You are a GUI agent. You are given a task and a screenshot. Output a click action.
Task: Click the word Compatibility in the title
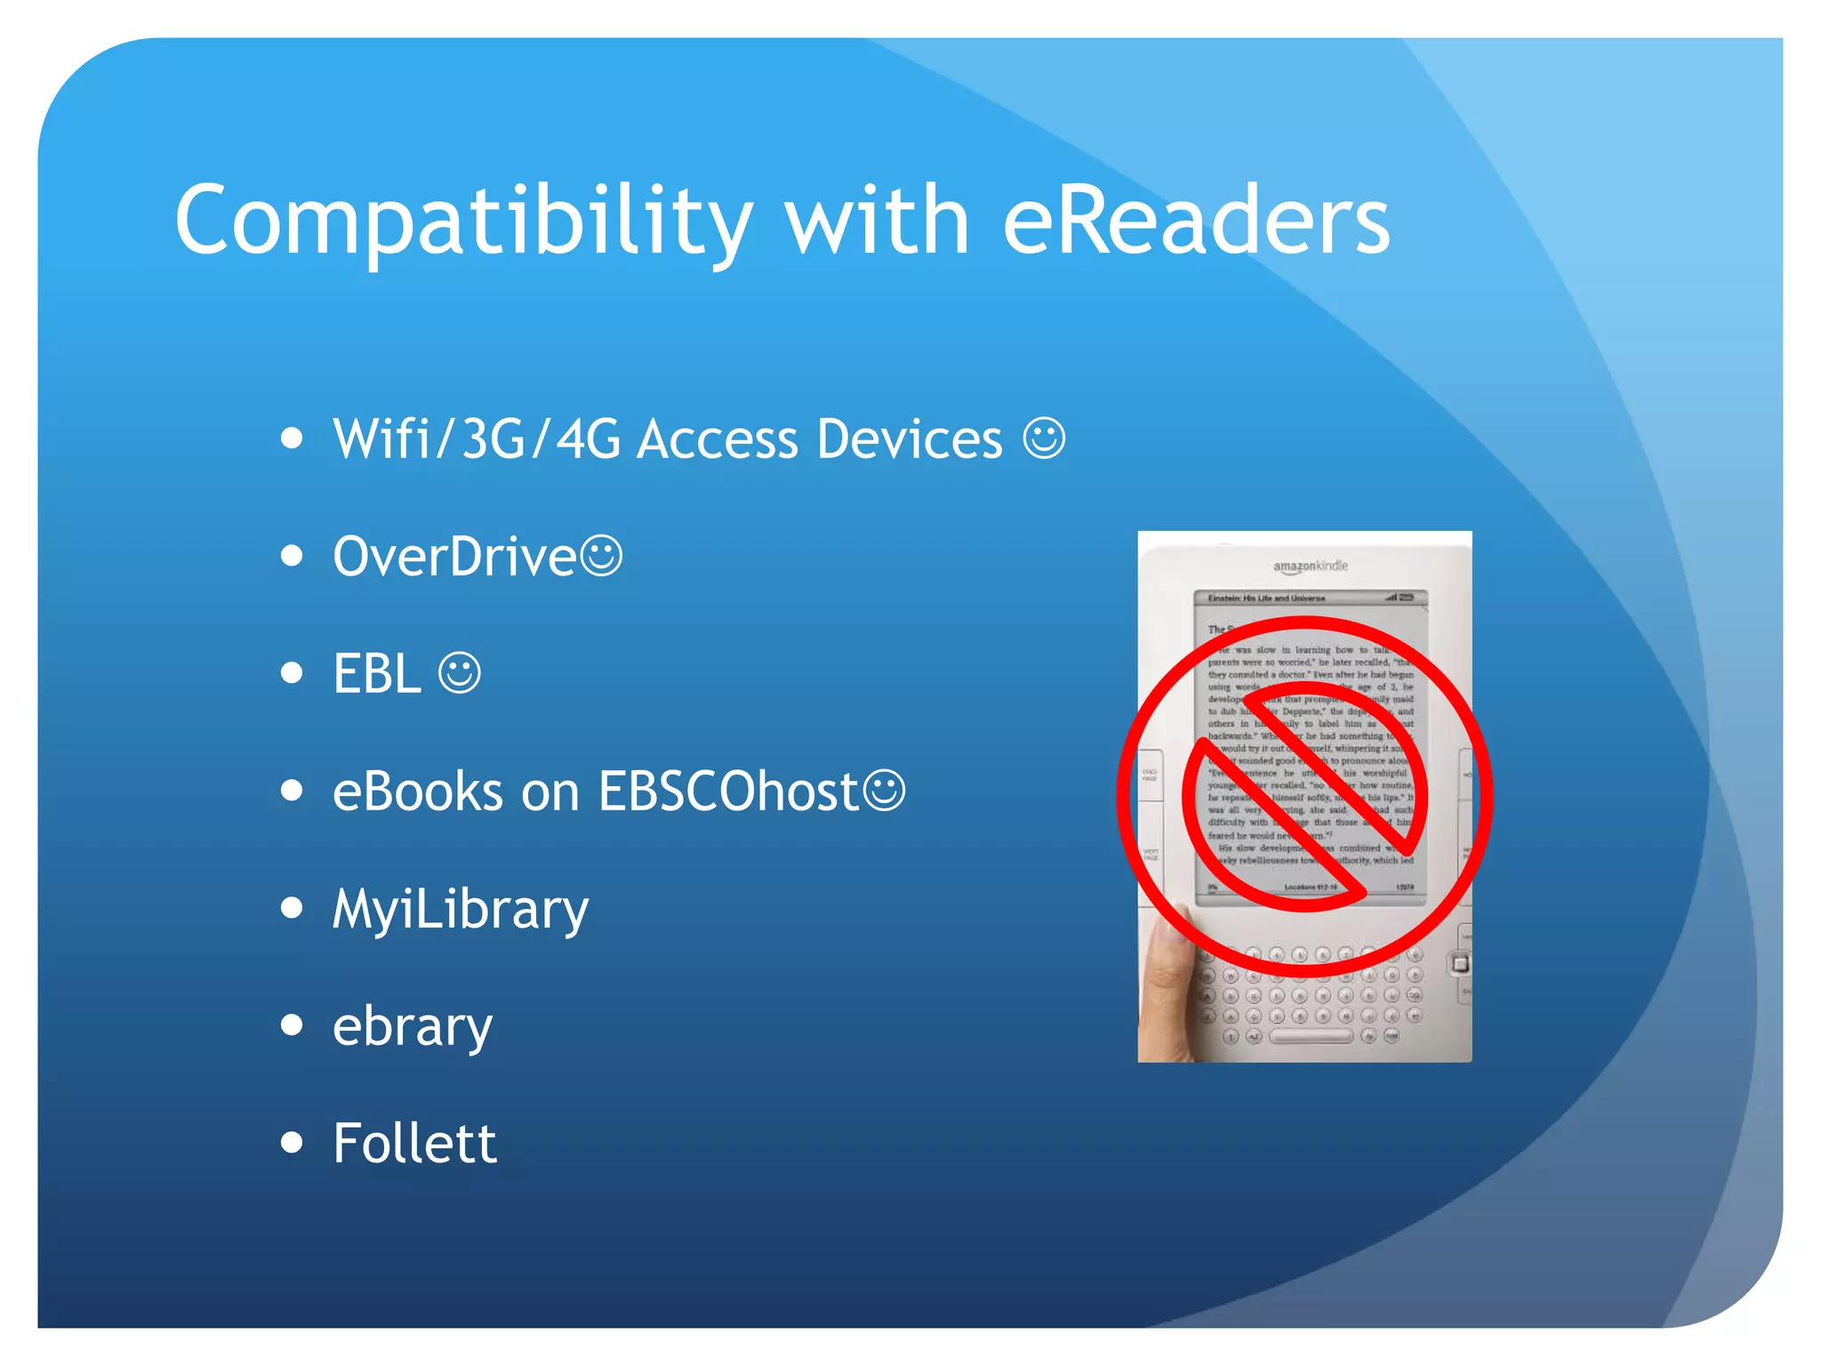(462, 221)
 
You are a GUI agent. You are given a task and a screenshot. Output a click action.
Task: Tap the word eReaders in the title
(1196, 221)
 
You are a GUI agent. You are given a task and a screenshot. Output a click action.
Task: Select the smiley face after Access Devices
(1044, 438)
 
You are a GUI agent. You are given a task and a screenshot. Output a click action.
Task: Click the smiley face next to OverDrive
(602, 556)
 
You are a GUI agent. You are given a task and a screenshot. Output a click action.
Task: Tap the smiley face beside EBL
(460, 673)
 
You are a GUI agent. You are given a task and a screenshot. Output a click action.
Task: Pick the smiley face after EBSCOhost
(885, 790)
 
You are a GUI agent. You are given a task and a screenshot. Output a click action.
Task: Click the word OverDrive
(454, 557)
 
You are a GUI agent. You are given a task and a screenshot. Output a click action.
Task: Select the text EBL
(376, 674)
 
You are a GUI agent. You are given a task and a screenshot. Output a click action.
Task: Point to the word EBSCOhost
(727, 791)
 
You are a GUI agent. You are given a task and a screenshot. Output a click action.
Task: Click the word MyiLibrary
(461, 910)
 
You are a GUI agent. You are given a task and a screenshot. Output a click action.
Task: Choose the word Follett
(414, 1144)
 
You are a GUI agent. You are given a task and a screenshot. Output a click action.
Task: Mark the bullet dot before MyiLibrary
(291, 908)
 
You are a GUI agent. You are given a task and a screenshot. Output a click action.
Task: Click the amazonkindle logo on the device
(1310, 566)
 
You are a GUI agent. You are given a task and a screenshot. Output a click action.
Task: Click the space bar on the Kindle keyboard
(1311, 1036)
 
